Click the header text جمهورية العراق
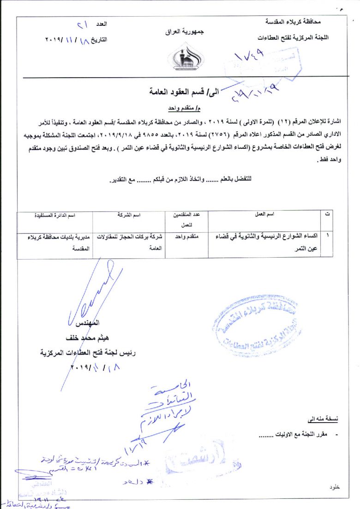coord(184,33)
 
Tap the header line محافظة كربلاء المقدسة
coord(294,22)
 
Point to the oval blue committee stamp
coord(255,328)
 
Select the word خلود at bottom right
coord(335,488)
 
